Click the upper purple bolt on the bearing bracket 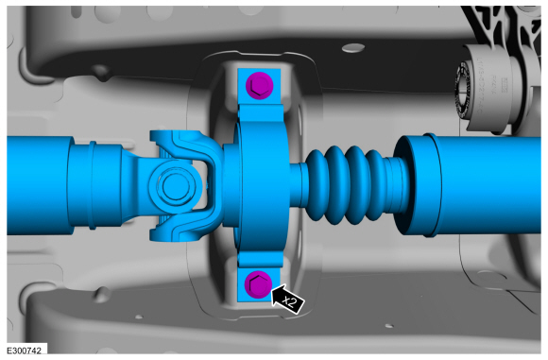click(x=259, y=85)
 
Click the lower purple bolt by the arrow click(x=258, y=284)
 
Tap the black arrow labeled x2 click(x=287, y=299)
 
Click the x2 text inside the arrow click(x=290, y=300)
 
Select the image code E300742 click(x=24, y=351)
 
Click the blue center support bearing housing click(x=262, y=183)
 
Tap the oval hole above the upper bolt click(x=353, y=48)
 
